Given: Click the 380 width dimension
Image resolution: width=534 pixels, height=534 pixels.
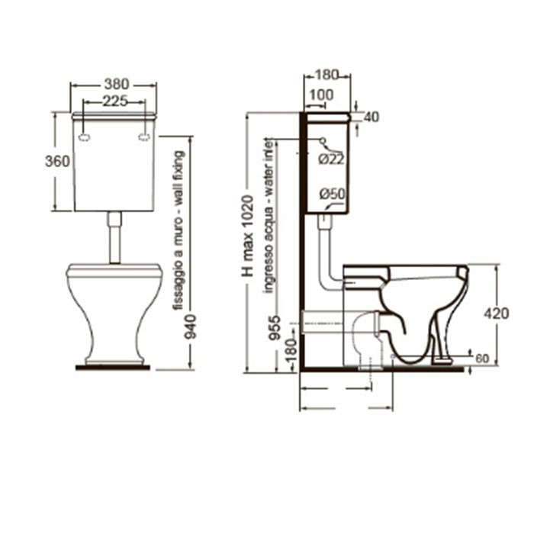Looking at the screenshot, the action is [117, 84].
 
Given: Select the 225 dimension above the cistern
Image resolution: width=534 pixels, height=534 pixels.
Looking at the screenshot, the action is [115, 101].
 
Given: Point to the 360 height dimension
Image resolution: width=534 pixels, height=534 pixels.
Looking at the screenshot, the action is [57, 161].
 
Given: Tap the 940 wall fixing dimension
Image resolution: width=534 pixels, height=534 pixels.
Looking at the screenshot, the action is [191, 327].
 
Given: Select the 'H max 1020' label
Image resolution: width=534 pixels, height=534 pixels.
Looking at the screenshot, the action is [248, 236].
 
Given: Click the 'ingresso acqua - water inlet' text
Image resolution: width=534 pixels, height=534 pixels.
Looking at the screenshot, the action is [269, 216].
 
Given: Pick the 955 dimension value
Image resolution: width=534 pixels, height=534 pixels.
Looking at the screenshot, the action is [275, 328].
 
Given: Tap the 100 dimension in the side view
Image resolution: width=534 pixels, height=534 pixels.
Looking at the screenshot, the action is [321, 95].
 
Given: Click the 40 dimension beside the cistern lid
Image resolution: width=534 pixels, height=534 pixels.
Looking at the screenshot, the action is [372, 117].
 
